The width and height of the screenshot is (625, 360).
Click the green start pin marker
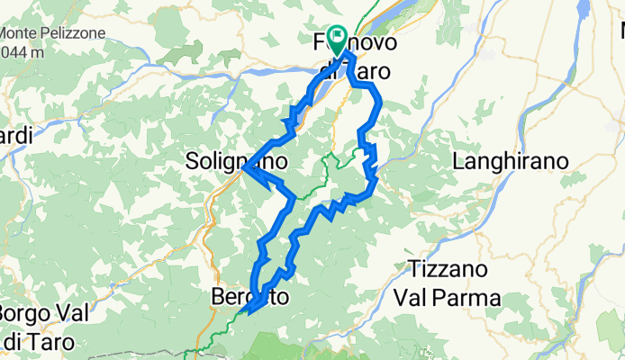pos(338,39)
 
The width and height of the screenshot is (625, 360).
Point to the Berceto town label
pos(249,296)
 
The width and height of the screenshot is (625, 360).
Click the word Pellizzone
pos(75,33)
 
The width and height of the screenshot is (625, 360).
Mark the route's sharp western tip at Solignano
pos(244,166)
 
